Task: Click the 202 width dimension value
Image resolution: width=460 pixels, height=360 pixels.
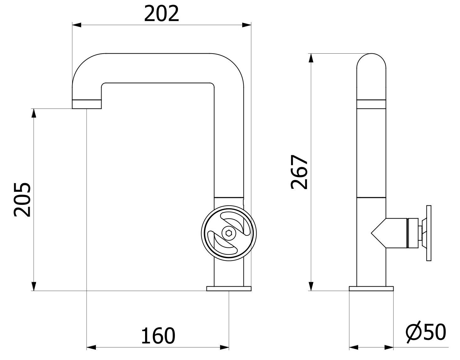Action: (x=161, y=13)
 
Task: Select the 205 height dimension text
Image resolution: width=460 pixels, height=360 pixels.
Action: (x=22, y=199)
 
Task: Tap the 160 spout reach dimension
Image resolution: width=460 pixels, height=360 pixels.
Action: (x=158, y=335)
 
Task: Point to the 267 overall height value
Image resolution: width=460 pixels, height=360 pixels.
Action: (x=299, y=172)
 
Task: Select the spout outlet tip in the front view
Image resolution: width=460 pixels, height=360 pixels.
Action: (x=87, y=104)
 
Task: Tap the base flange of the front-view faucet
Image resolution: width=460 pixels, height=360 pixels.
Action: (x=229, y=288)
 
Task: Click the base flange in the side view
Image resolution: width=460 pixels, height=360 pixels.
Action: (x=371, y=288)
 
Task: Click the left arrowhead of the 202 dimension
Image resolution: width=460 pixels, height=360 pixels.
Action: (x=77, y=25)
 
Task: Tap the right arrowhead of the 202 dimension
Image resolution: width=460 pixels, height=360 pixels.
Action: (x=247, y=25)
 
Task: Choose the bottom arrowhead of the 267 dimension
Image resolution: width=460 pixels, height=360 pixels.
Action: (x=311, y=286)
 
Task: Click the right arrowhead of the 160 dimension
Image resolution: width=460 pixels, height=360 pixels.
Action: (x=224, y=347)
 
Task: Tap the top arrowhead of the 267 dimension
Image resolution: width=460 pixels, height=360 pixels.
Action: (x=311, y=58)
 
